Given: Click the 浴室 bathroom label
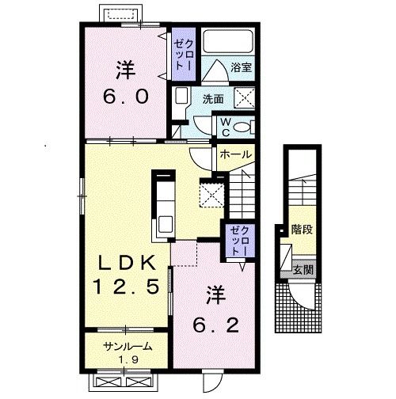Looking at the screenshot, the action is (x=242, y=67).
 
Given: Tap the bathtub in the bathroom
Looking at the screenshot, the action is (x=229, y=42).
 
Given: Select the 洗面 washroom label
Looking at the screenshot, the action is (x=213, y=99).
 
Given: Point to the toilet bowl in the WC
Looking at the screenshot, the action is (x=241, y=127).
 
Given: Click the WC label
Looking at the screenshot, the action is (x=226, y=127).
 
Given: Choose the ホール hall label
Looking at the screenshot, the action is (x=235, y=154).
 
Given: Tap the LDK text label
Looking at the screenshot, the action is (x=127, y=263).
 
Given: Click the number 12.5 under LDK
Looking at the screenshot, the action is (x=126, y=287).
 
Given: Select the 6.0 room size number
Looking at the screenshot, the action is (x=126, y=97).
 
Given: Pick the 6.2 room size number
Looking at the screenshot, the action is (x=216, y=325).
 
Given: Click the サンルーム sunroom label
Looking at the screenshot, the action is (x=128, y=346).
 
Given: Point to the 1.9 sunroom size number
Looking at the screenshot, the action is (x=128, y=359).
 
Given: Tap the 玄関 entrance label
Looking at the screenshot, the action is (x=303, y=270).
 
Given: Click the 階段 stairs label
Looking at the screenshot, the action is (x=302, y=230).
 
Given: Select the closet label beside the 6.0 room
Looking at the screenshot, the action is (x=184, y=55).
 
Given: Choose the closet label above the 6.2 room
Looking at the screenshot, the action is (x=238, y=241).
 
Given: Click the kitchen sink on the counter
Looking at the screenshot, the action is (x=166, y=224).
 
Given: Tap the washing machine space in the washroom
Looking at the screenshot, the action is (x=245, y=98).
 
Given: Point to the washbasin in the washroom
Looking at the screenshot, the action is (x=182, y=96).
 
